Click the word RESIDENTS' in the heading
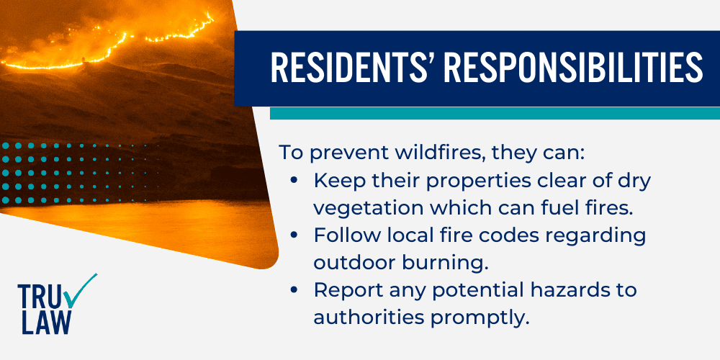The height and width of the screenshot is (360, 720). point(351,67)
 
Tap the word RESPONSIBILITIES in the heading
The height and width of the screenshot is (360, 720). point(572,67)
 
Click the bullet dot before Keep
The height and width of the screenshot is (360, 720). point(294,181)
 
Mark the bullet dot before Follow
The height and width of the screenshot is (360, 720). point(294,235)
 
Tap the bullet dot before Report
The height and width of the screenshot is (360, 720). point(294,290)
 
